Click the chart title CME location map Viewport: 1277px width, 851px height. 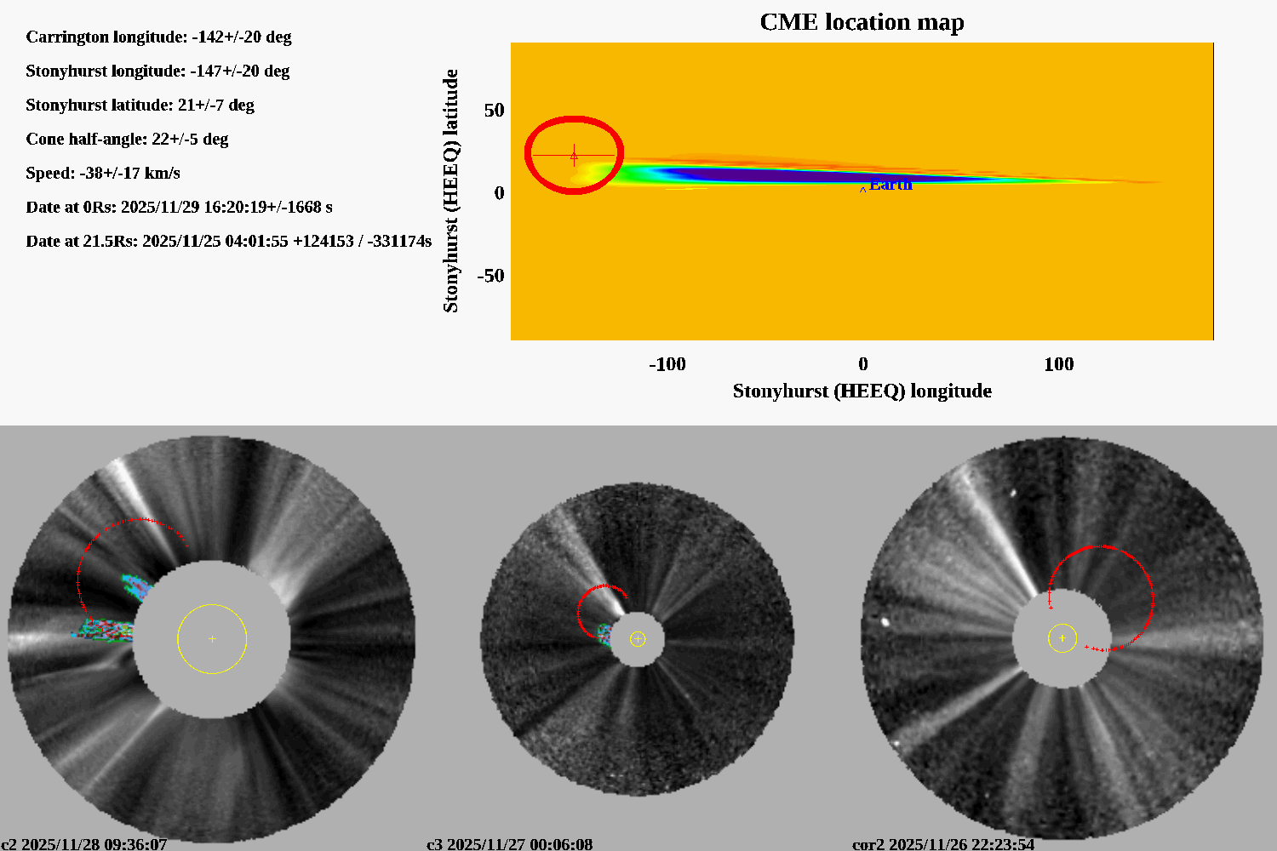(862, 22)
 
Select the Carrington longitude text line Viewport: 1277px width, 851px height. (158, 37)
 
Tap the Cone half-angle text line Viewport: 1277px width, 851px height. (127, 139)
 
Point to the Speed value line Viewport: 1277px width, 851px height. (103, 173)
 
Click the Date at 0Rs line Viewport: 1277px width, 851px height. (179, 207)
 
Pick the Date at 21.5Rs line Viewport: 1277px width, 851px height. (228, 241)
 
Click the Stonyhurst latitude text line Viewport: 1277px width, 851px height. (140, 105)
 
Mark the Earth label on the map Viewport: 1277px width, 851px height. (890, 185)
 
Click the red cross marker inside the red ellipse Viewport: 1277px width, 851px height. (574, 155)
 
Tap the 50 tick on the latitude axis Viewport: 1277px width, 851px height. (494, 111)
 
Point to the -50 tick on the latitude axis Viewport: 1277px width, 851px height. (490, 276)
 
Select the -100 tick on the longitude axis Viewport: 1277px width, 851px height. (667, 364)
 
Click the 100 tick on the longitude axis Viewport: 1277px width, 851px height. (1058, 364)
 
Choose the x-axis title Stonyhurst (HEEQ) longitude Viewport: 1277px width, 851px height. (862, 391)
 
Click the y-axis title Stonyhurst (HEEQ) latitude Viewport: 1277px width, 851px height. (450, 191)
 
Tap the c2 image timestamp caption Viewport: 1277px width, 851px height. (84, 844)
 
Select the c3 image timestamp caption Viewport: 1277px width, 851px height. (509, 844)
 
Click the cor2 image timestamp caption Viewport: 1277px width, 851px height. (943, 844)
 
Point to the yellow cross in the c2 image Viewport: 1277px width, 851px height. (212, 638)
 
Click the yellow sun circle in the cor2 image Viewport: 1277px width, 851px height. (1062, 637)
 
